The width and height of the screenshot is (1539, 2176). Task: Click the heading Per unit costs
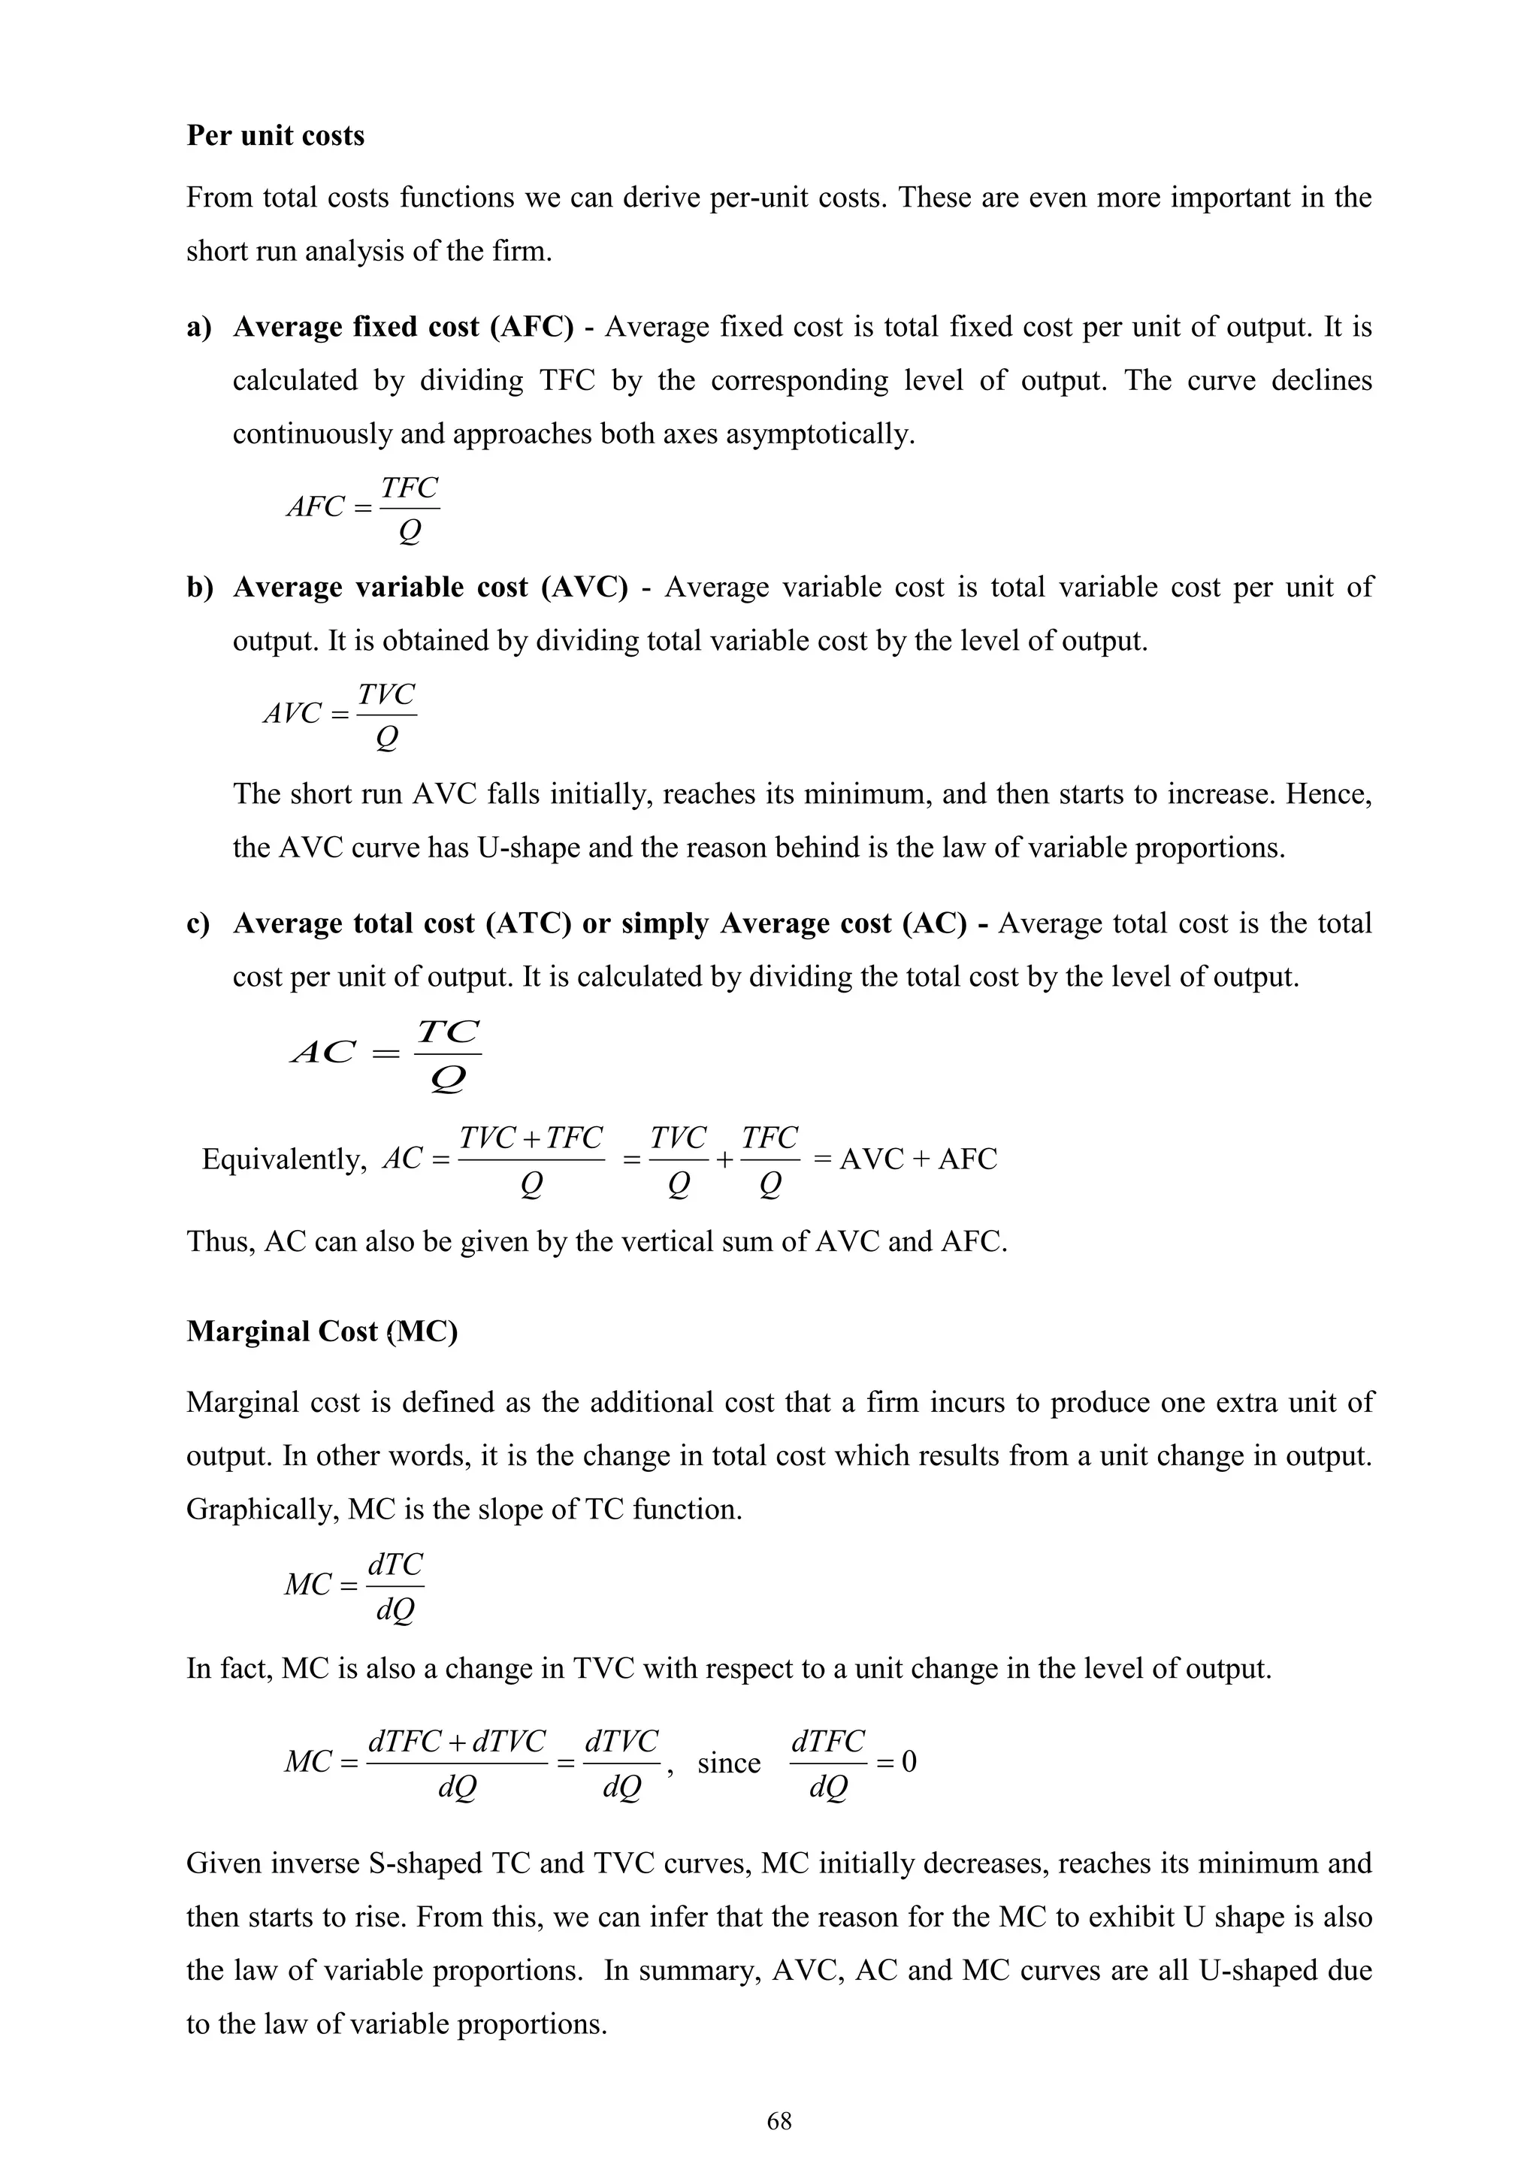point(275,135)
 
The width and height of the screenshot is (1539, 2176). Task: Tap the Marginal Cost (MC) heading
point(322,1331)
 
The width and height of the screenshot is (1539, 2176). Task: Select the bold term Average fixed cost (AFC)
point(403,327)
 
